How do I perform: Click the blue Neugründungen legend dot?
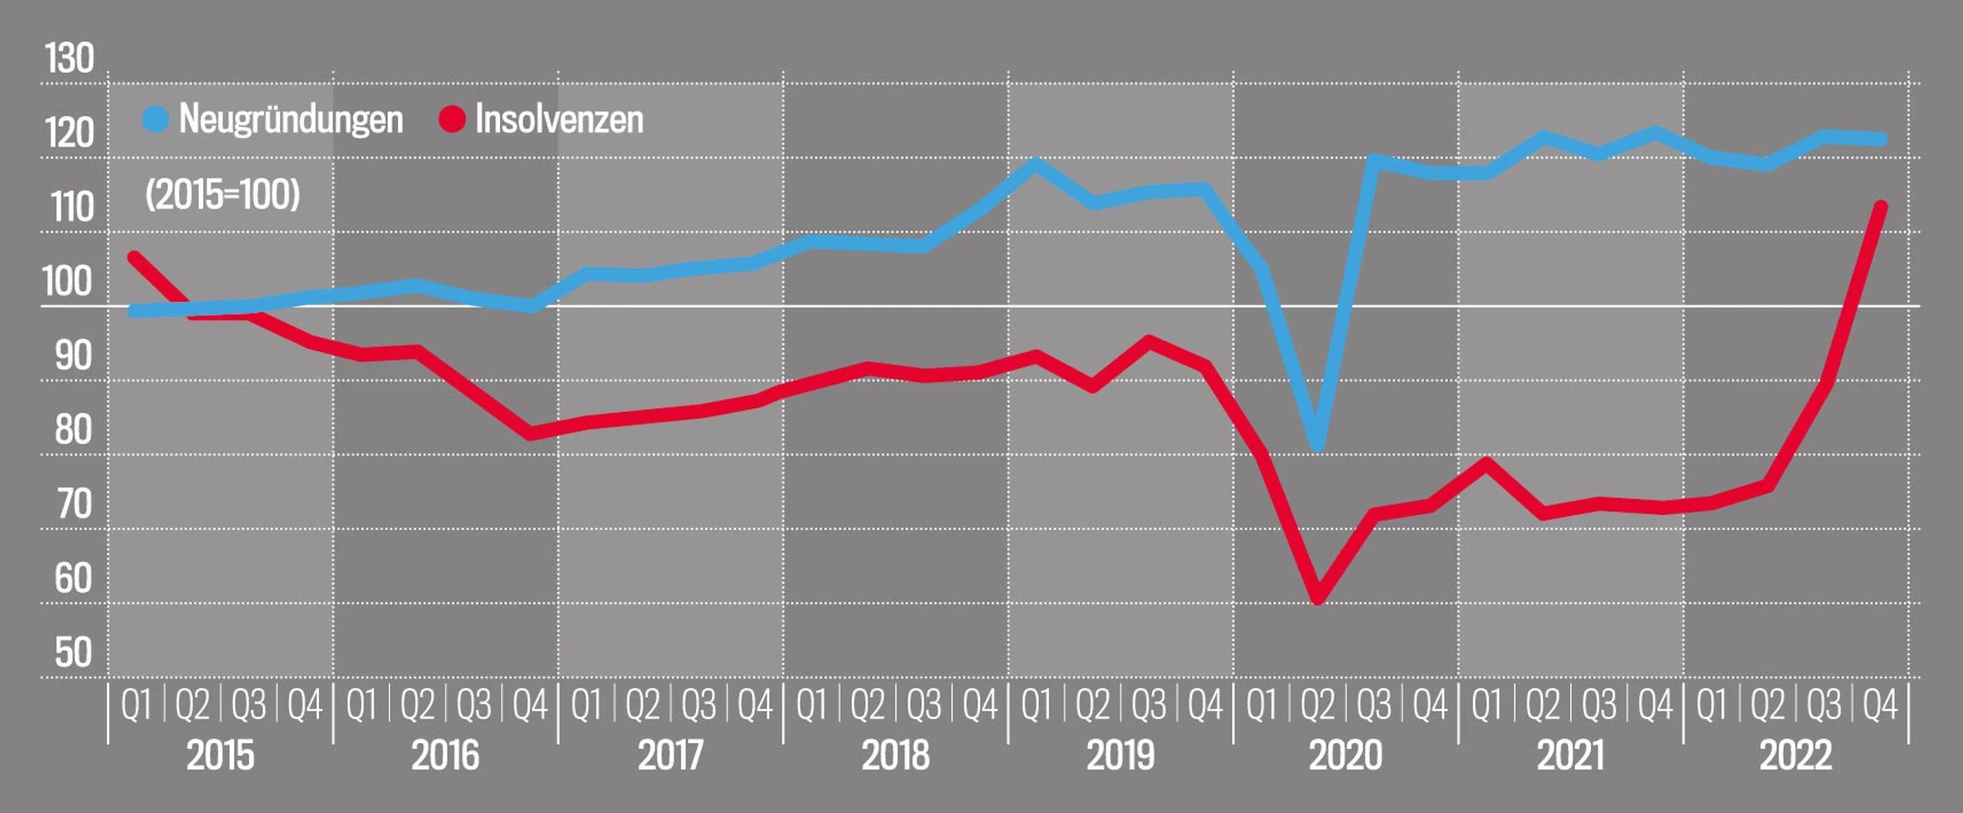coord(156,120)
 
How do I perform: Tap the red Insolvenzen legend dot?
coord(452,120)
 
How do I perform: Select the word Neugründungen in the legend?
coord(291,120)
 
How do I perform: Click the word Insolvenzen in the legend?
coord(559,120)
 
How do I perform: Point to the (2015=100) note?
coord(222,195)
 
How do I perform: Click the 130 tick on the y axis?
coord(69,59)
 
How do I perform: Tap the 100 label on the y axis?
coord(67,282)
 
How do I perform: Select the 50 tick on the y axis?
coord(73,653)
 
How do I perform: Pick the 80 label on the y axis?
coord(73,430)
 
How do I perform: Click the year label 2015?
coord(220,756)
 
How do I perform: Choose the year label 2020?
coord(1345,756)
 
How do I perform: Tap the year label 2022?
coord(1795,756)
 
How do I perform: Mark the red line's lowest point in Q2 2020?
coord(1317,597)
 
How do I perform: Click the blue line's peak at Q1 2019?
coord(1035,163)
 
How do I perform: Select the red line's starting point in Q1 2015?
coord(135,258)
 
